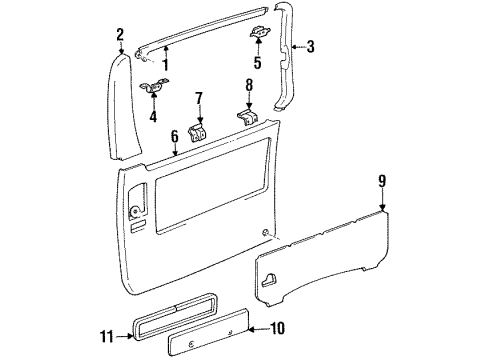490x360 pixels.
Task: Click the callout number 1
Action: pos(166,67)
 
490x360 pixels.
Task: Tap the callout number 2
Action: pos(120,35)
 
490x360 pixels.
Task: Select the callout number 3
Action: pos(311,45)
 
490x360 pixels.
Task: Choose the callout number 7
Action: pos(198,98)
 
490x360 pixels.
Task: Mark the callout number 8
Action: pos(249,85)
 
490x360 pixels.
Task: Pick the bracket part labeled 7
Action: pos(199,129)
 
